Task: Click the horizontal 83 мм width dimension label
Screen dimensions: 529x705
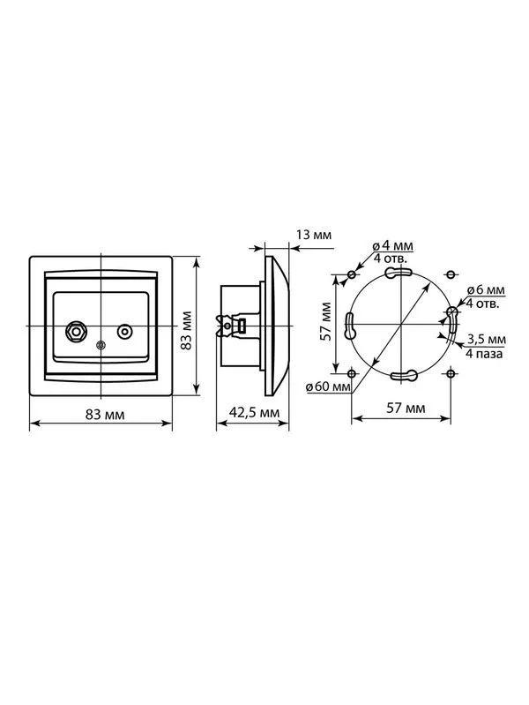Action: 105,414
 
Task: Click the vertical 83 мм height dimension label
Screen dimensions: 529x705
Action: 186,330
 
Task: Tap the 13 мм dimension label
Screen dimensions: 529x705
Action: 313,235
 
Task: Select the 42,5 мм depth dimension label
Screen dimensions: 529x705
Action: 254,412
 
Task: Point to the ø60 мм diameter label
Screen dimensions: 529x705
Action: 328,386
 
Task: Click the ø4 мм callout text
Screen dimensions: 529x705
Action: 393,246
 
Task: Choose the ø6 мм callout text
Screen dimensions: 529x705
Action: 486,290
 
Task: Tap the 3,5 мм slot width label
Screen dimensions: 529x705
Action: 487,339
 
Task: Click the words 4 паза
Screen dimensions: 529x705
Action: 484,354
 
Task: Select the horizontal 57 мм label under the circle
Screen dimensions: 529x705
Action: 406,409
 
